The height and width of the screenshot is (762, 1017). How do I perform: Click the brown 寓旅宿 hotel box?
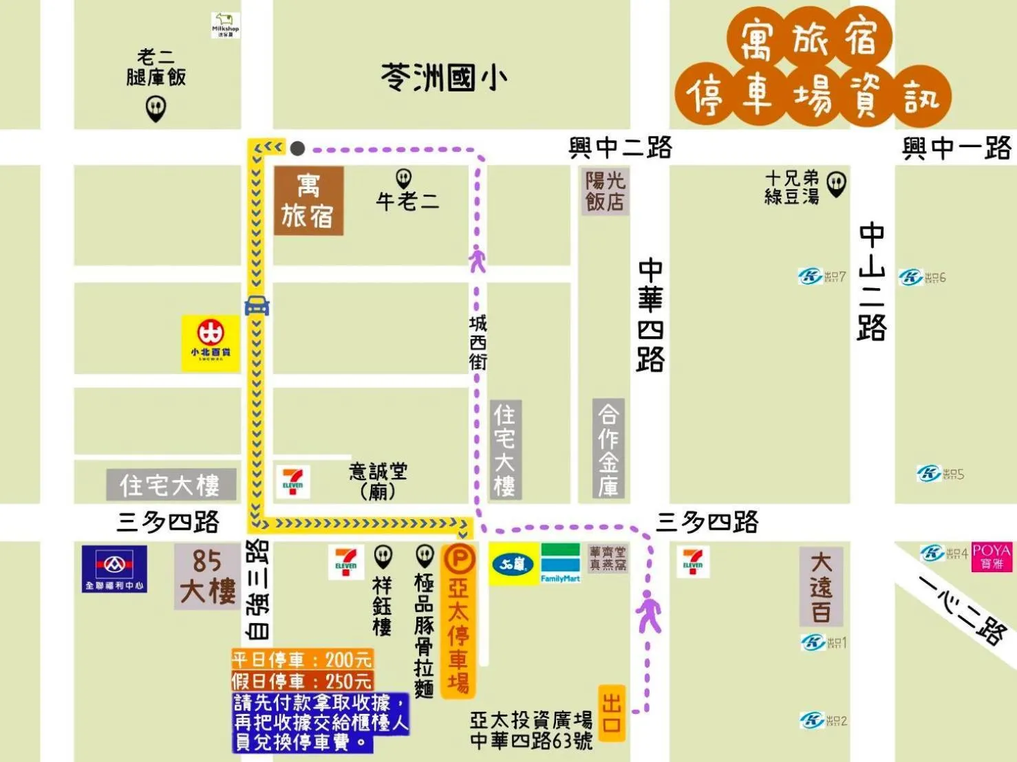tap(308, 201)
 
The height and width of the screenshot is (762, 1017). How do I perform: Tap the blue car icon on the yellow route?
tap(257, 305)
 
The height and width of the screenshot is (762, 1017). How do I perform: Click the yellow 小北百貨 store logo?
tap(211, 343)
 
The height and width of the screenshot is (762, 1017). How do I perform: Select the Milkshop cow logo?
tap(225, 25)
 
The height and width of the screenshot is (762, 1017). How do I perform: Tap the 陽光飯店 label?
tap(605, 191)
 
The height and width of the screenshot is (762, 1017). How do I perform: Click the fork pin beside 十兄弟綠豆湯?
tap(836, 184)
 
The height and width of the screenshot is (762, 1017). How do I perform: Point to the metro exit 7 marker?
tap(822, 276)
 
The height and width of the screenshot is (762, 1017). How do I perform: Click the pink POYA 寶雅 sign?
tap(992, 557)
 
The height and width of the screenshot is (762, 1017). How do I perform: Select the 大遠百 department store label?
tap(821, 587)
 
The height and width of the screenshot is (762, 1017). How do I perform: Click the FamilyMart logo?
tap(560, 564)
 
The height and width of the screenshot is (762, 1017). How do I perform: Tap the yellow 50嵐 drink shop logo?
tap(513, 564)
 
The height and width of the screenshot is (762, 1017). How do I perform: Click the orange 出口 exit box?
tap(612, 713)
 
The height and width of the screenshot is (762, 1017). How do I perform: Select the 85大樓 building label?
tap(207, 576)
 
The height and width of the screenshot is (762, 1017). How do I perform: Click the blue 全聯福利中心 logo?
tap(114, 569)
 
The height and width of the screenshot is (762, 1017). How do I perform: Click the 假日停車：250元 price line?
tap(301, 681)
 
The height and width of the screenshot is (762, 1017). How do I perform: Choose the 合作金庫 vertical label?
tap(608, 448)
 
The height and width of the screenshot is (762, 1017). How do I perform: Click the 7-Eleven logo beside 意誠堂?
tap(292, 481)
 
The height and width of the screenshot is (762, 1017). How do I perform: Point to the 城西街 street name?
tap(478, 342)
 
